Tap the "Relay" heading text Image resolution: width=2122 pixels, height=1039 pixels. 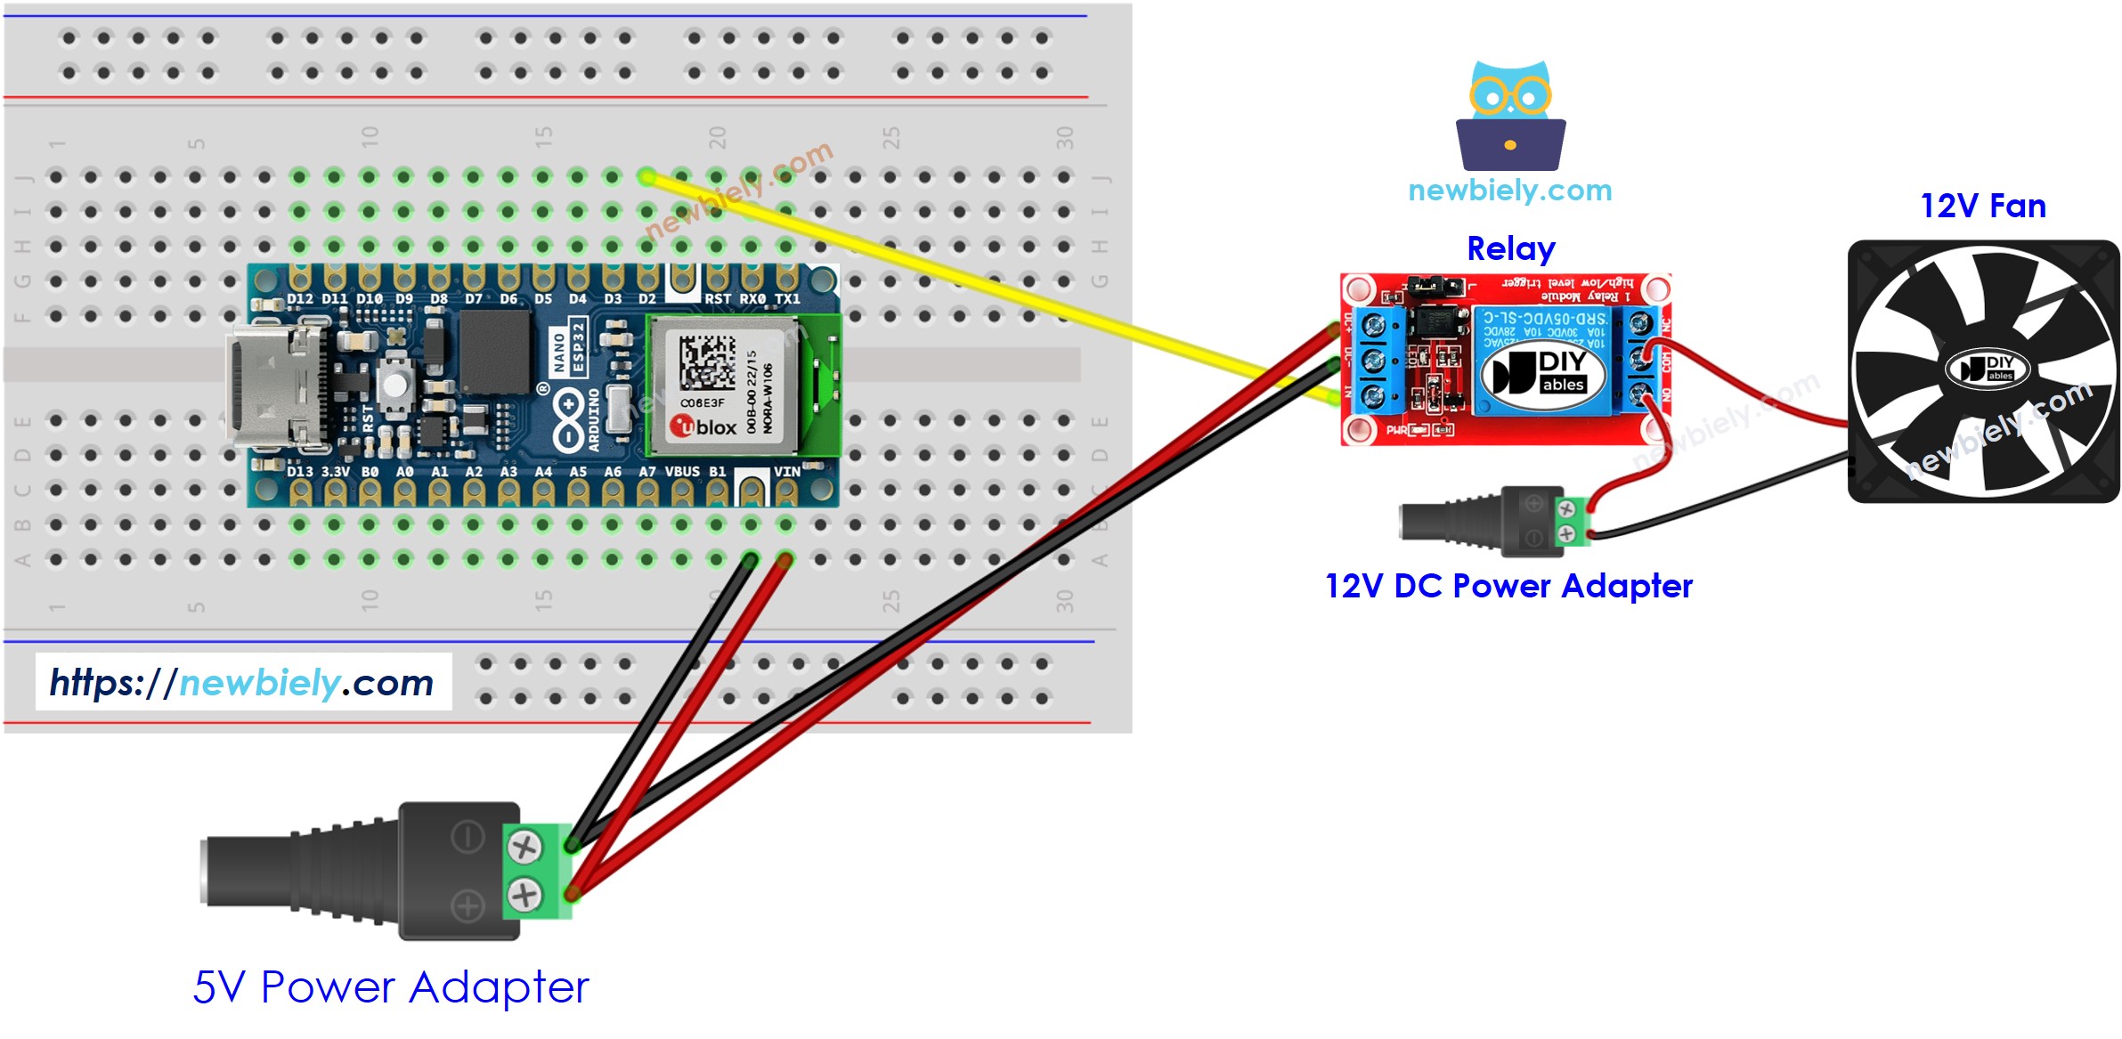point(1510,248)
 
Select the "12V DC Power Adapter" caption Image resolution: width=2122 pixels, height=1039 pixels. point(1508,586)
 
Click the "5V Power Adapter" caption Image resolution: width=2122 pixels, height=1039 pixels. point(391,986)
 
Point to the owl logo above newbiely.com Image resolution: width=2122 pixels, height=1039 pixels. point(1510,115)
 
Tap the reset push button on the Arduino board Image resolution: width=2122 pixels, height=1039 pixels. point(394,385)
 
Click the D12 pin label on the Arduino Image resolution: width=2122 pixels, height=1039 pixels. point(300,299)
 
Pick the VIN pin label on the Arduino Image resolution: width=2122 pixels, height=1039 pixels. point(786,472)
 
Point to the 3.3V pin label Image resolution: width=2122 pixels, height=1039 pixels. point(335,472)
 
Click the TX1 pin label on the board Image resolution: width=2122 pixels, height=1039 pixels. point(787,299)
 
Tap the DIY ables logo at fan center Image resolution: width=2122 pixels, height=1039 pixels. point(1987,367)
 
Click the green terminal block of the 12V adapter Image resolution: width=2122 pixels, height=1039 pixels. point(1572,522)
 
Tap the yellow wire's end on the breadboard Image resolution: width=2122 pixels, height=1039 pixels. point(647,177)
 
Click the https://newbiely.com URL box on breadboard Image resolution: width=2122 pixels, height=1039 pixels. point(243,682)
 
